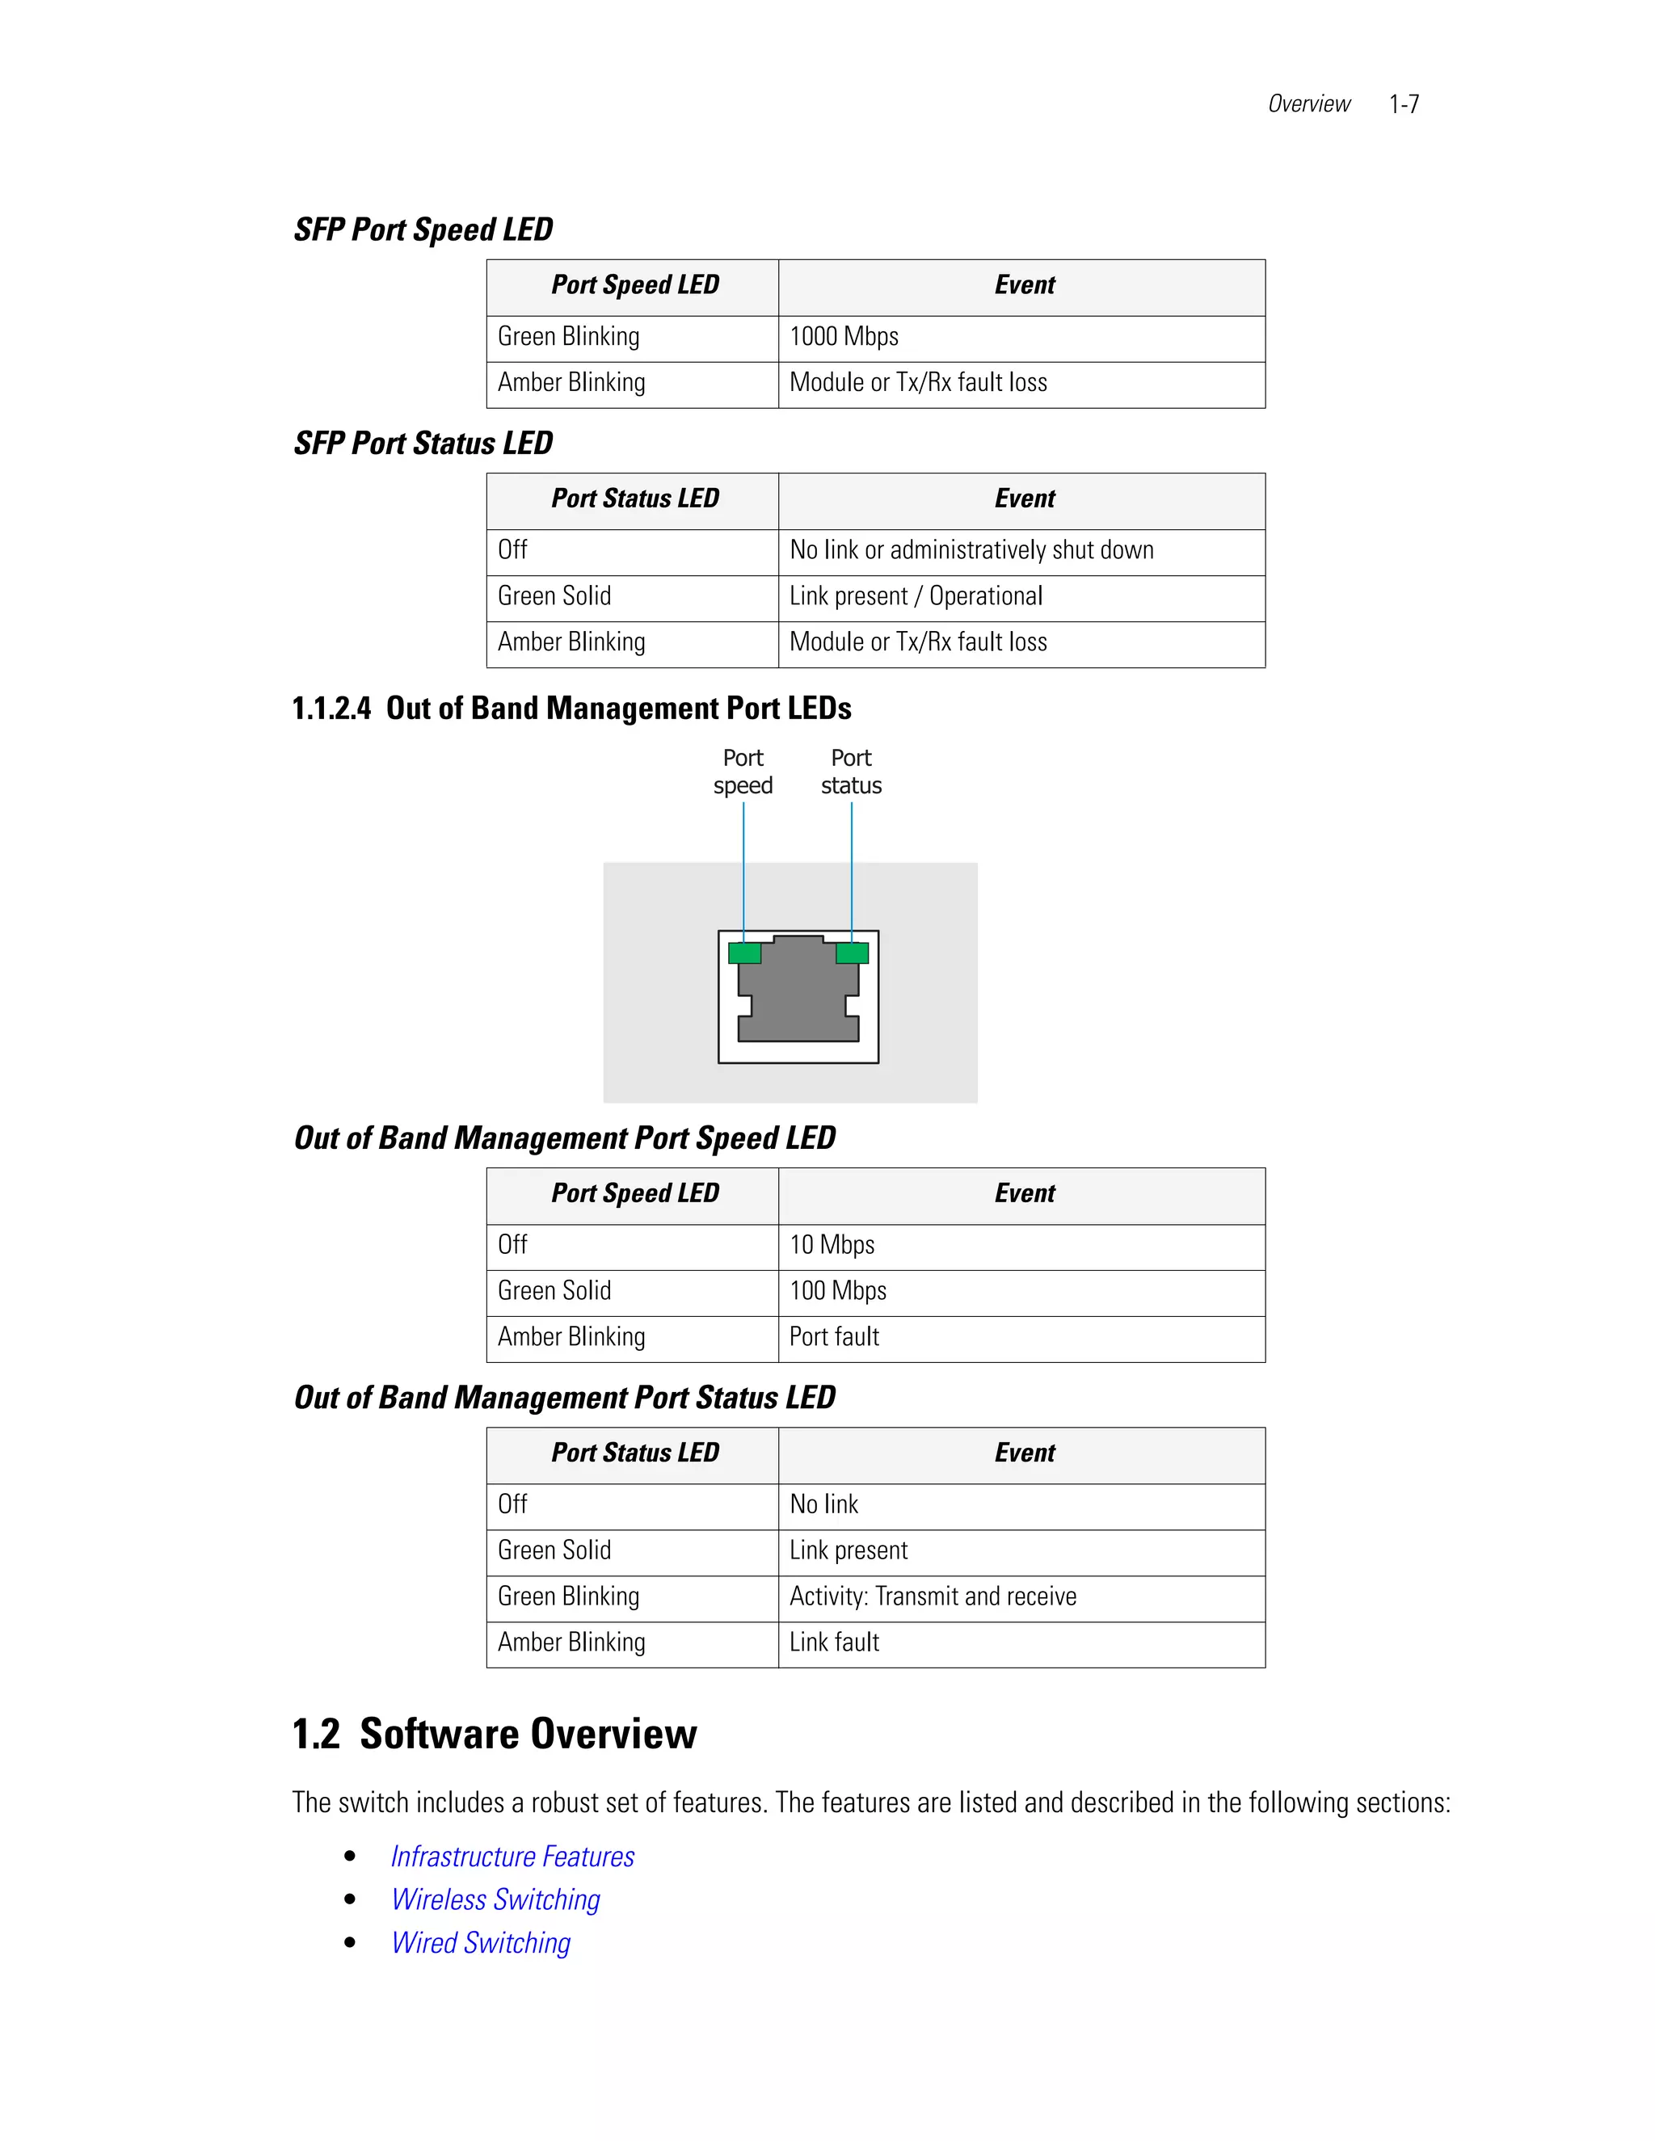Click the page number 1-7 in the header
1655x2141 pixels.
(x=1403, y=104)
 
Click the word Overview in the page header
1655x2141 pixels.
(x=1308, y=104)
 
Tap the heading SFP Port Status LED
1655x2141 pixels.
(x=423, y=443)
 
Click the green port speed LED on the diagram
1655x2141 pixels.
(x=744, y=953)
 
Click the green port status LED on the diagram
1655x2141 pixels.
(x=852, y=953)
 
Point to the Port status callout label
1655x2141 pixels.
(x=851, y=772)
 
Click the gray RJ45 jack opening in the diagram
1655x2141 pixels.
(x=798, y=995)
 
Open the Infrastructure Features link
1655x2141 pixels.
(x=512, y=1857)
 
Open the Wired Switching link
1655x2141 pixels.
(x=481, y=1943)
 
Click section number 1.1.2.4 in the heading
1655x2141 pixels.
(x=331, y=709)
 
